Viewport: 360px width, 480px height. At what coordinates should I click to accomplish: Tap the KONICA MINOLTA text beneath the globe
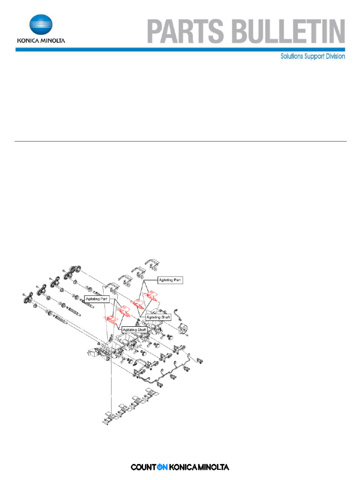(x=41, y=40)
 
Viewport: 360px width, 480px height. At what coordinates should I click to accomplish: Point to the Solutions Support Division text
(x=313, y=56)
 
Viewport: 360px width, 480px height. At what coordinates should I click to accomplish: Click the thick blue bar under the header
(x=180, y=49)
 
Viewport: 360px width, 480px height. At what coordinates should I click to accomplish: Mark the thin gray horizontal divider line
(x=180, y=141)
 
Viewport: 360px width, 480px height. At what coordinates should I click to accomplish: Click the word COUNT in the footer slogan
(x=143, y=467)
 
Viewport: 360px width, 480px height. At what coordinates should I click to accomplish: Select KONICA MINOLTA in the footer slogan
(x=199, y=467)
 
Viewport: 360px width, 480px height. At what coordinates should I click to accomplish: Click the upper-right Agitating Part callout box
(x=169, y=280)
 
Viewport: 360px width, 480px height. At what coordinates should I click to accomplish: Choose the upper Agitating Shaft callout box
(x=158, y=317)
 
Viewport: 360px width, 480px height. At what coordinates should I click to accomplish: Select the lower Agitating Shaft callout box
(x=135, y=330)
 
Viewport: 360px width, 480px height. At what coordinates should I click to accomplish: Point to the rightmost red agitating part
(x=151, y=295)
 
